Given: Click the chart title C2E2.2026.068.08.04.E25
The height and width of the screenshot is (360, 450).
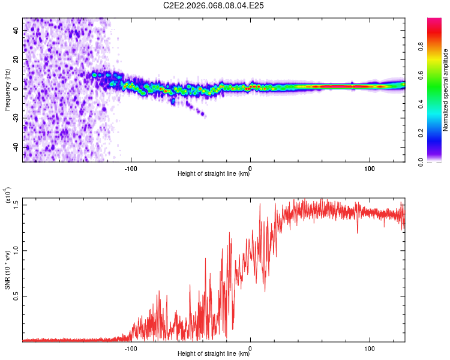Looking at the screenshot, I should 214,5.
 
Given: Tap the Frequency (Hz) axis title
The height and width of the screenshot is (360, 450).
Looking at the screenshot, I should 7,90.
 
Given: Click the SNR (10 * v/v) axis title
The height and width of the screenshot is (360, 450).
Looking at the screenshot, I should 7,270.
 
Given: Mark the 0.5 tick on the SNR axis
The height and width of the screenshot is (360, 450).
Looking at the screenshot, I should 16,296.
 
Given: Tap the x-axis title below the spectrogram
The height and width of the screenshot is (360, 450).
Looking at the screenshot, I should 214,174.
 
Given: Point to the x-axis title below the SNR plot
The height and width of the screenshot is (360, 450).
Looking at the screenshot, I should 214,354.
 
